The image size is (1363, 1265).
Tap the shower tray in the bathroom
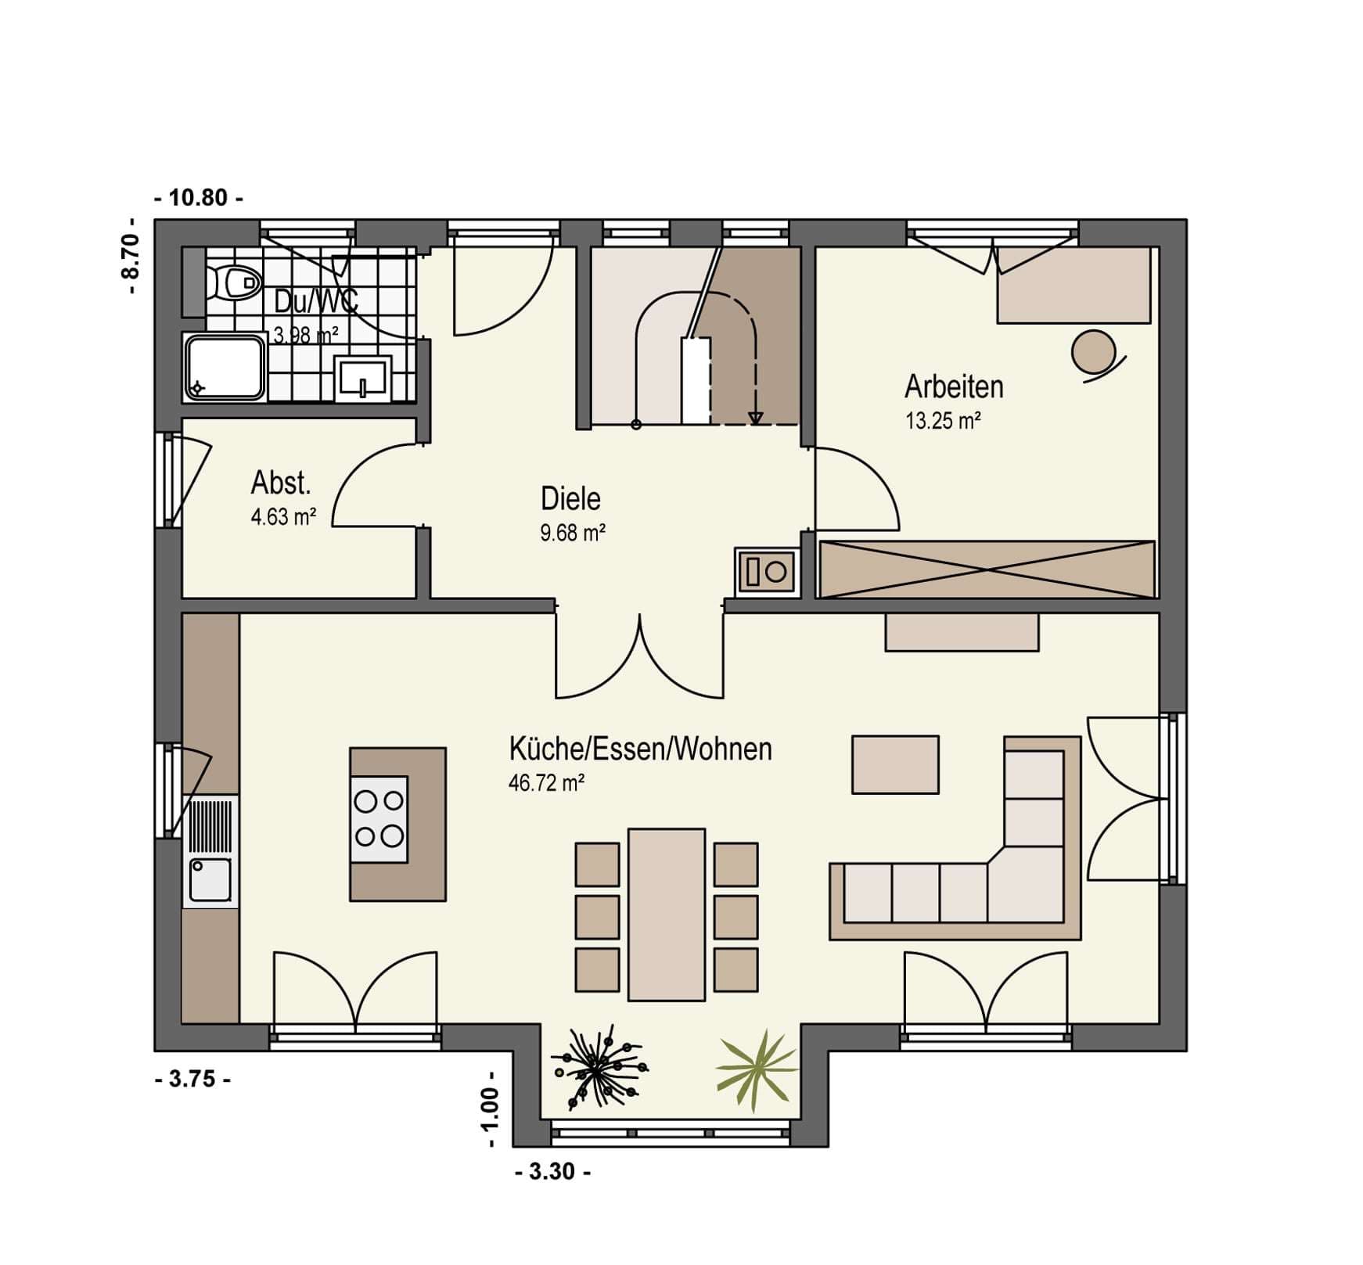pyautogui.click(x=225, y=367)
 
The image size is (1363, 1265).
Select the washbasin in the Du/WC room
pyautogui.click(x=363, y=379)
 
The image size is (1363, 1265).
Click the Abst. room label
pyautogui.click(x=281, y=483)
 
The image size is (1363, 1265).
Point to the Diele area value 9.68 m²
pyautogui.click(x=573, y=533)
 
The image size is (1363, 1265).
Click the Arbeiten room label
pyautogui.click(x=954, y=386)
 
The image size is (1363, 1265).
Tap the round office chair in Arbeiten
pyautogui.click(x=1095, y=354)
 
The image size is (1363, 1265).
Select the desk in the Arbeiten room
pyautogui.click(x=1073, y=285)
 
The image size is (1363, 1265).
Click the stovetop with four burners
pyautogui.click(x=379, y=819)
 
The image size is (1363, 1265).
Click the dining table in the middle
pyautogui.click(x=667, y=915)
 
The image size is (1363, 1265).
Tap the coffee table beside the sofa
pyautogui.click(x=895, y=764)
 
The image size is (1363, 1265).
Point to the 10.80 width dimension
pyautogui.click(x=199, y=198)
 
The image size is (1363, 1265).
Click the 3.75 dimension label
pyautogui.click(x=192, y=1080)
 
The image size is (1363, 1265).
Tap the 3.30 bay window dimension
pyautogui.click(x=553, y=1172)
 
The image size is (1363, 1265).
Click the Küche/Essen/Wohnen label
pyautogui.click(x=640, y=749)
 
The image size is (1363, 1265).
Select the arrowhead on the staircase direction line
pyautogui.click(x=755, y=419)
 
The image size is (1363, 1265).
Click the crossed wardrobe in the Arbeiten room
pyautogui.click(x=987, y=569)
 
